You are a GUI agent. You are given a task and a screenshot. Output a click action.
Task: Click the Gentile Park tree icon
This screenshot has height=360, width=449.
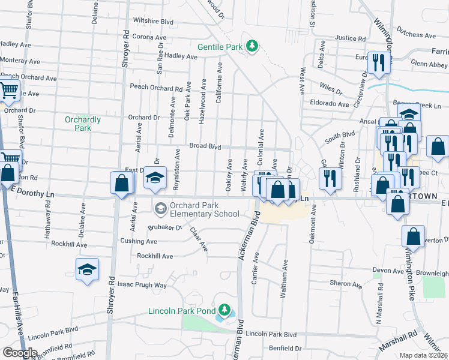coord(253,46)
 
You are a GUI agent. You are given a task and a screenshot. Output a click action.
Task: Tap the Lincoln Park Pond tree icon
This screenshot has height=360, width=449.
coord(225,310)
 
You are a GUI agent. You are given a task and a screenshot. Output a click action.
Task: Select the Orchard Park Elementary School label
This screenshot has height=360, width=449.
coord(205,209)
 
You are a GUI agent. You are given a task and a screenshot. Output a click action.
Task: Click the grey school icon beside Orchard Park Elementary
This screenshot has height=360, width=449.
coord(160,209)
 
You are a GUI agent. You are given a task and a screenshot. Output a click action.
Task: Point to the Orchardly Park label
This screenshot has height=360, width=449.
coord(82,123)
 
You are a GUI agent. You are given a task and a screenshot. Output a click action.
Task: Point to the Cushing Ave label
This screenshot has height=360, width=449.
coord(138,241)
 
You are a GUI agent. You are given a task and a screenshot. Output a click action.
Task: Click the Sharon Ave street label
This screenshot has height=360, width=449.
coord(345,283)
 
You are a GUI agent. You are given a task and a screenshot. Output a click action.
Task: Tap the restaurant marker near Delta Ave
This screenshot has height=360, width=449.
coord(378,62)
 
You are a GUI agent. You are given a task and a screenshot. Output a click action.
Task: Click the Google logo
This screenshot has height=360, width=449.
coord(20,353)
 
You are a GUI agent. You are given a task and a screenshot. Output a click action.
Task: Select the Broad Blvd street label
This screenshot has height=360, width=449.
coord(205,146)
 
